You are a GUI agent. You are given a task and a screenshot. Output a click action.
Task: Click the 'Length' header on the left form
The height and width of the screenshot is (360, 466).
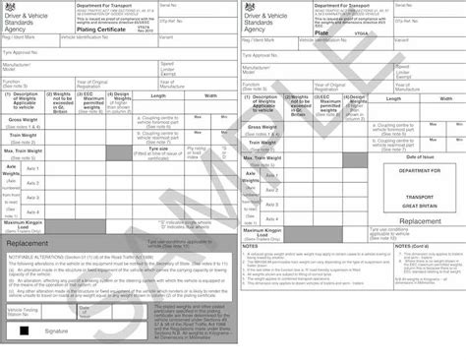158,95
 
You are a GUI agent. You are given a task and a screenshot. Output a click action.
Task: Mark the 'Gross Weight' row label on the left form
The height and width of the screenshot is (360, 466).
24,120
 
